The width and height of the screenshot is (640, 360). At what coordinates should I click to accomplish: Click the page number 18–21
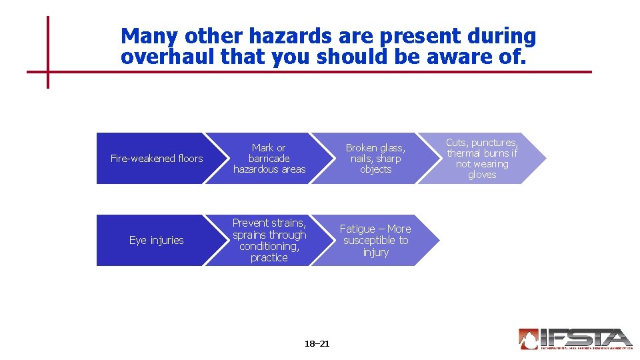(317, 344)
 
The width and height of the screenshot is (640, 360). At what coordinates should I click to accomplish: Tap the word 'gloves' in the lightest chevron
(482, 175)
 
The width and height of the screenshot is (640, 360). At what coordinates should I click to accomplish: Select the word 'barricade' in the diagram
(269, 159)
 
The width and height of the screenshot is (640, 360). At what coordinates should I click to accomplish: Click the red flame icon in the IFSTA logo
(529, 339)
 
